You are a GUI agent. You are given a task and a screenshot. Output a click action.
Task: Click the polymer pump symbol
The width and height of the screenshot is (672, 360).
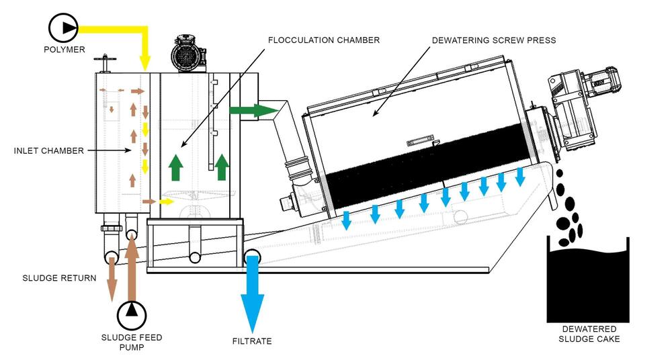[63, 28]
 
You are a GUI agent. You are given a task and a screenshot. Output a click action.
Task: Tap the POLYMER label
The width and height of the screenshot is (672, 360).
[65, 50]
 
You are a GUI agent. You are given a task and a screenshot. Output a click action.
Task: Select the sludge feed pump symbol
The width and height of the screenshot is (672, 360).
[132, 316]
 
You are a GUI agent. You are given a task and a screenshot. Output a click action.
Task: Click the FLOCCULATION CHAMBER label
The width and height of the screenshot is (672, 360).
[324, 40]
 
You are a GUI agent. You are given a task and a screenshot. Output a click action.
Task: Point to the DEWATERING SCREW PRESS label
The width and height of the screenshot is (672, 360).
[494, 40]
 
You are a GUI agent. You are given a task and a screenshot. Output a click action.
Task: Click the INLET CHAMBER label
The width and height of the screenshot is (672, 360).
[49, 151]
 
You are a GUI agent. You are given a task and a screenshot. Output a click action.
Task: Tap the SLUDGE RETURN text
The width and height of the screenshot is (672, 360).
[59, 278]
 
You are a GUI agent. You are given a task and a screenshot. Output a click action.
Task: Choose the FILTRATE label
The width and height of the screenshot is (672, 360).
[252, 341]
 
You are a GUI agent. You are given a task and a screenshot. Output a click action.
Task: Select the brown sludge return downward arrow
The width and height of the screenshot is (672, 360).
[112, 278]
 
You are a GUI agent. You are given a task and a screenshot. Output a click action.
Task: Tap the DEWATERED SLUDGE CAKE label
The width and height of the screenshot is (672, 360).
[589, 334]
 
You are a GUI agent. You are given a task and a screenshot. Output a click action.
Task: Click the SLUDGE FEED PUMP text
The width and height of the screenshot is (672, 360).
[132, 342]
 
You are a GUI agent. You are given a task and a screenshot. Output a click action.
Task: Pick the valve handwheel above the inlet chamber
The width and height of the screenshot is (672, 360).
[103, 63]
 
